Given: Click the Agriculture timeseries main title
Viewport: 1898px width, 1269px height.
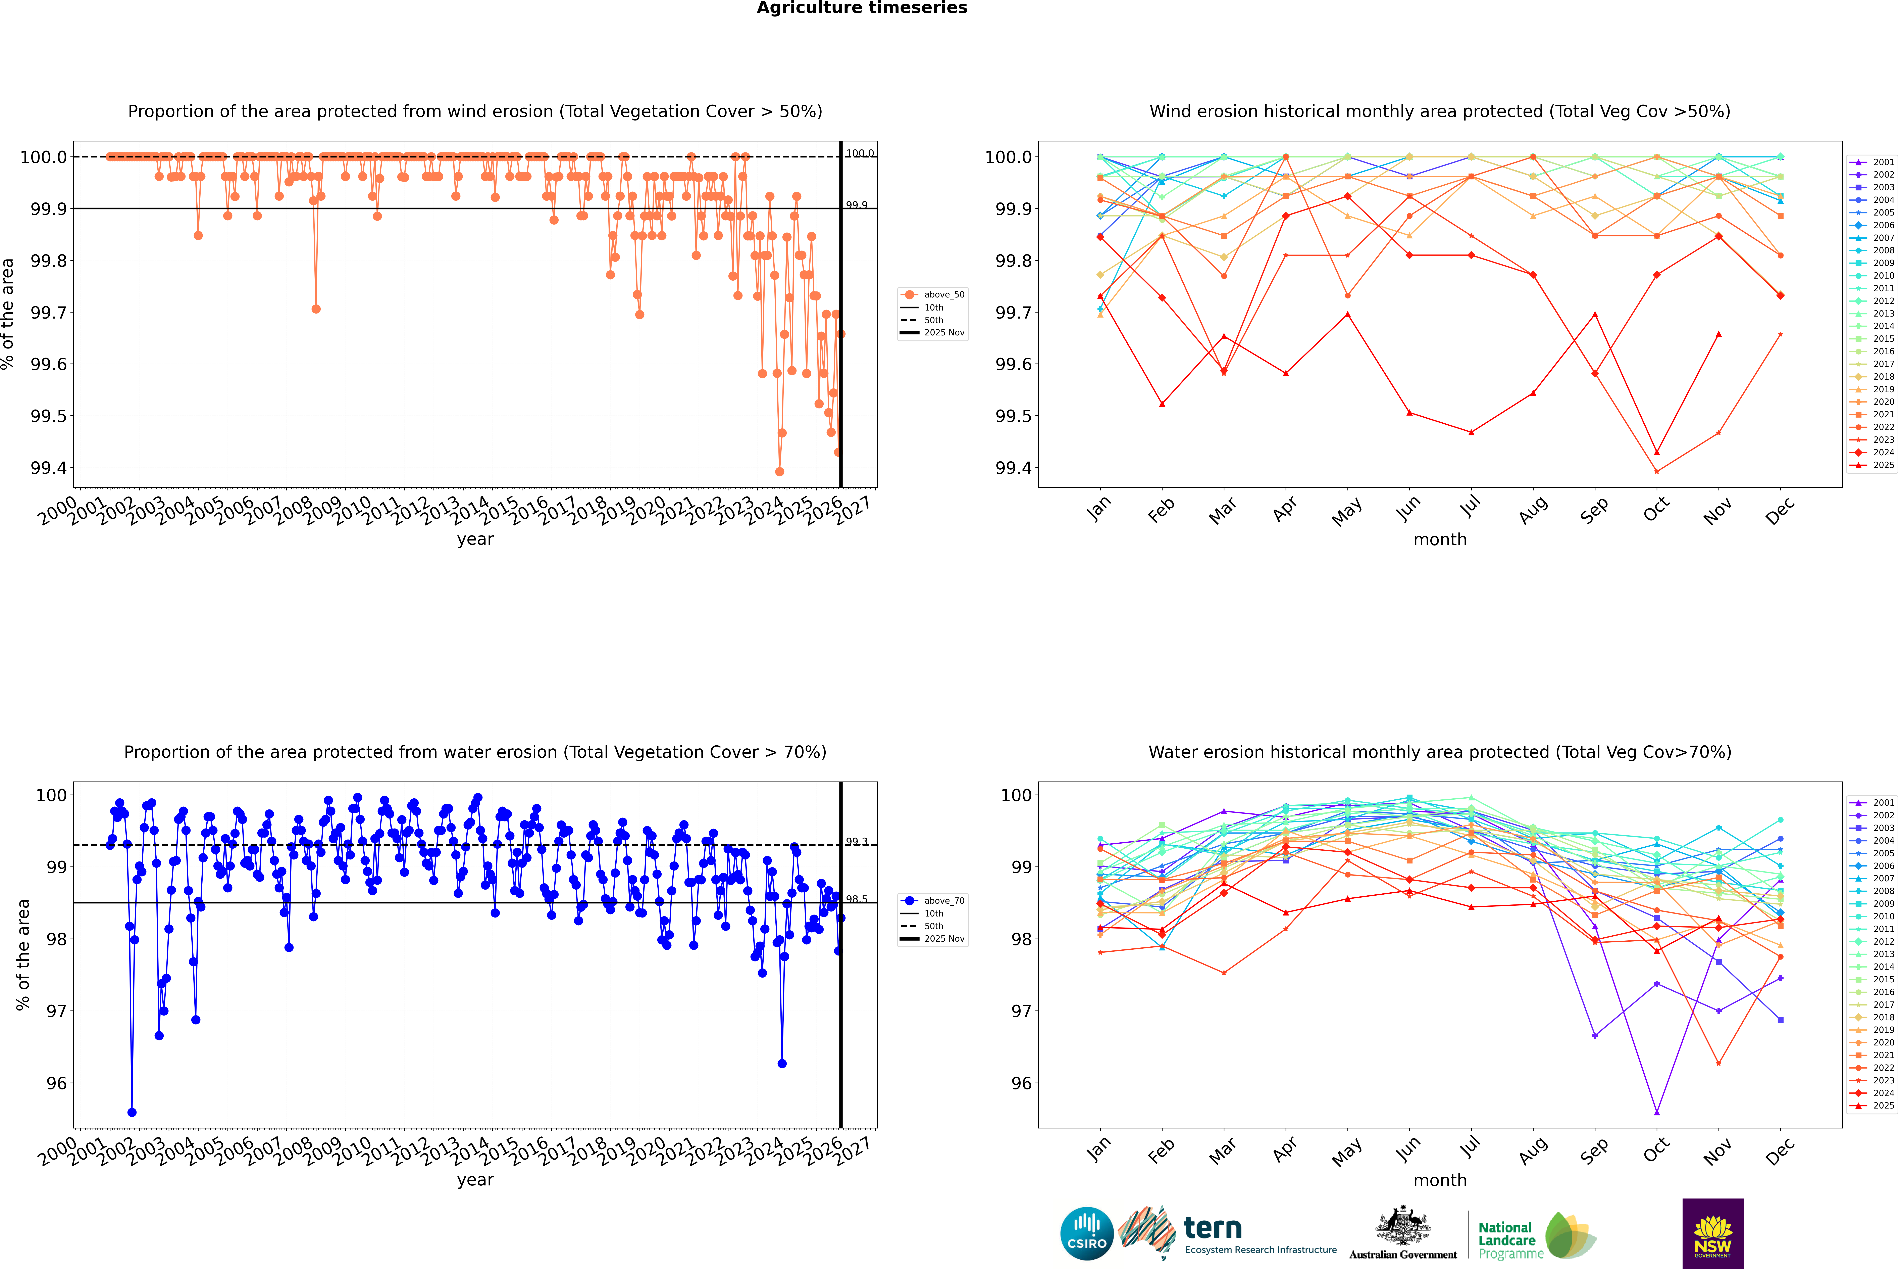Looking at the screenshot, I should tap(862, 8).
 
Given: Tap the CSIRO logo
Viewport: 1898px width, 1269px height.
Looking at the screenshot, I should tap(1087, 1233).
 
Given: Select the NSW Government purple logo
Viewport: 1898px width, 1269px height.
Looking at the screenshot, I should tap(1713, 1233).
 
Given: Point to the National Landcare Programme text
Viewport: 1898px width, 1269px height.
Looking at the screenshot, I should tap(1506, 1240).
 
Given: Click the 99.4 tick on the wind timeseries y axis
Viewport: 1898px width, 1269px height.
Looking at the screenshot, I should tap(49, 468).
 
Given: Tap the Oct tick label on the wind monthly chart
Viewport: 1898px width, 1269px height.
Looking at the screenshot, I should tap(1656, 510).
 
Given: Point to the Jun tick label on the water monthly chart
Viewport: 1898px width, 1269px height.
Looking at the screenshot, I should tap(1408, 1149).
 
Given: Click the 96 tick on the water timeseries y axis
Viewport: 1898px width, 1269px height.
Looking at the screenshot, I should tap(57, 1083).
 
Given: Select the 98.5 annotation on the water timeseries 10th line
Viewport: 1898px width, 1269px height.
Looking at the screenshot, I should tap(857, 899).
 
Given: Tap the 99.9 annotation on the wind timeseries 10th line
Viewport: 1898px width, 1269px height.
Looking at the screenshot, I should tap(857, 205).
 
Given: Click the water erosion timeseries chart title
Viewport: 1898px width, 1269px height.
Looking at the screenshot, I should tap(475, 752).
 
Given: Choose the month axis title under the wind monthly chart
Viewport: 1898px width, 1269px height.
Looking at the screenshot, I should tap(1439, 540).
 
